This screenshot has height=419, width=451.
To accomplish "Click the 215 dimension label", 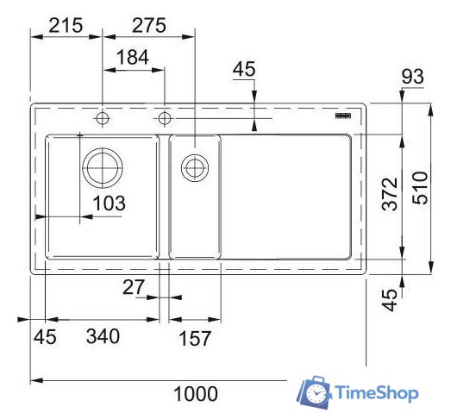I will pyautogui.click(x=67, y=25).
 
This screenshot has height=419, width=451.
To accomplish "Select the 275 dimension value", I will pyautogui.click(x=148, y=25).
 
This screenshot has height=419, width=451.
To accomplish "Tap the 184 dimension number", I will pyautogui.click(x=132, y=57).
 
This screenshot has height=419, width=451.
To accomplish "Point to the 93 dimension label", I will pyautogui.click(x=413, y=78).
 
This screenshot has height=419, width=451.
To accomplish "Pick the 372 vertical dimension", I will pyautogui.click(x=390, y=195).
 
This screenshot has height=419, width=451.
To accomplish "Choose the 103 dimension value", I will pyautogui.click(x=110, y=203).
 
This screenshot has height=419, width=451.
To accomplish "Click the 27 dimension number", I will pyautogui.click(x=135, y=288).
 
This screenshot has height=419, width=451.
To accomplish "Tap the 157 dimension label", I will pyautogui.click(x=194, y=338).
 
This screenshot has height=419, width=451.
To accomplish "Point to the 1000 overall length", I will pyautogui.click(x=196, y=394).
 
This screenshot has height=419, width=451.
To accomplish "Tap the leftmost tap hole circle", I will pyautogui.click(x=103, y=116).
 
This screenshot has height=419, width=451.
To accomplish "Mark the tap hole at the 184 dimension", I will pyautogui.click(x=164, y=116).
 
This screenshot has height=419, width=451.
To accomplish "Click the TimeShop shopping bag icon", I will pyautogui.click(x=314, y=392).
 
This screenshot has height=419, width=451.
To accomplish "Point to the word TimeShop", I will pyautogui.click(x=377, y=393).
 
